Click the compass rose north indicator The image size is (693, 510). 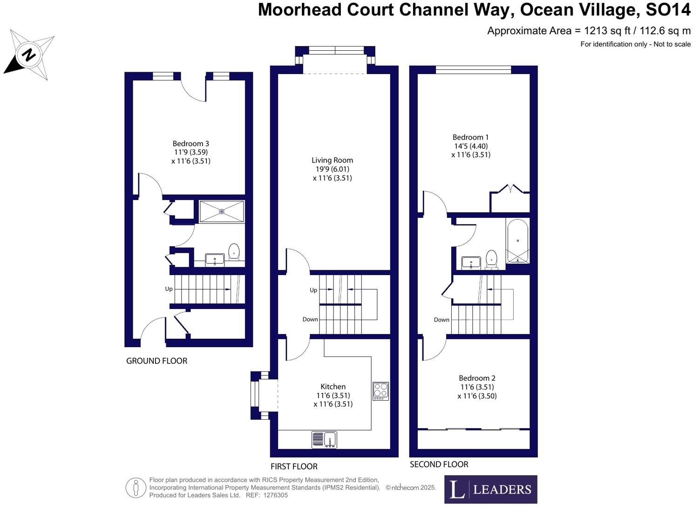point(29,54)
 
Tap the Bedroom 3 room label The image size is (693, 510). point(190,144)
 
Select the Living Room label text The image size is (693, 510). point(332,160)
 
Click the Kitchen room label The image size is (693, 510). point(333,387)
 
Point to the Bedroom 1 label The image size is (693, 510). point(470,137)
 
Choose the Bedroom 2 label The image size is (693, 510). point(477,378)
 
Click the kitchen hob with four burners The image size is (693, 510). point(380,391)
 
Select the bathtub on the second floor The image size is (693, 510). point(517,241)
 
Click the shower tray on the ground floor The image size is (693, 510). point(222,211)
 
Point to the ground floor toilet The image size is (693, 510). point(234,252)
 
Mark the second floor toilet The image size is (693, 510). point(491,259)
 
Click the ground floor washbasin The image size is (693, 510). point(215,260)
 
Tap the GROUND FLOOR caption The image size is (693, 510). point(156,361)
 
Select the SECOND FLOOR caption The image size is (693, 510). point(439,464)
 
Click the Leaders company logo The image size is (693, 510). point(490,489)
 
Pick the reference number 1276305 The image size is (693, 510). point(275,496)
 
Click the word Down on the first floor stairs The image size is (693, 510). point(310,319)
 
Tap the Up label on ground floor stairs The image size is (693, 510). point(169,289)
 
